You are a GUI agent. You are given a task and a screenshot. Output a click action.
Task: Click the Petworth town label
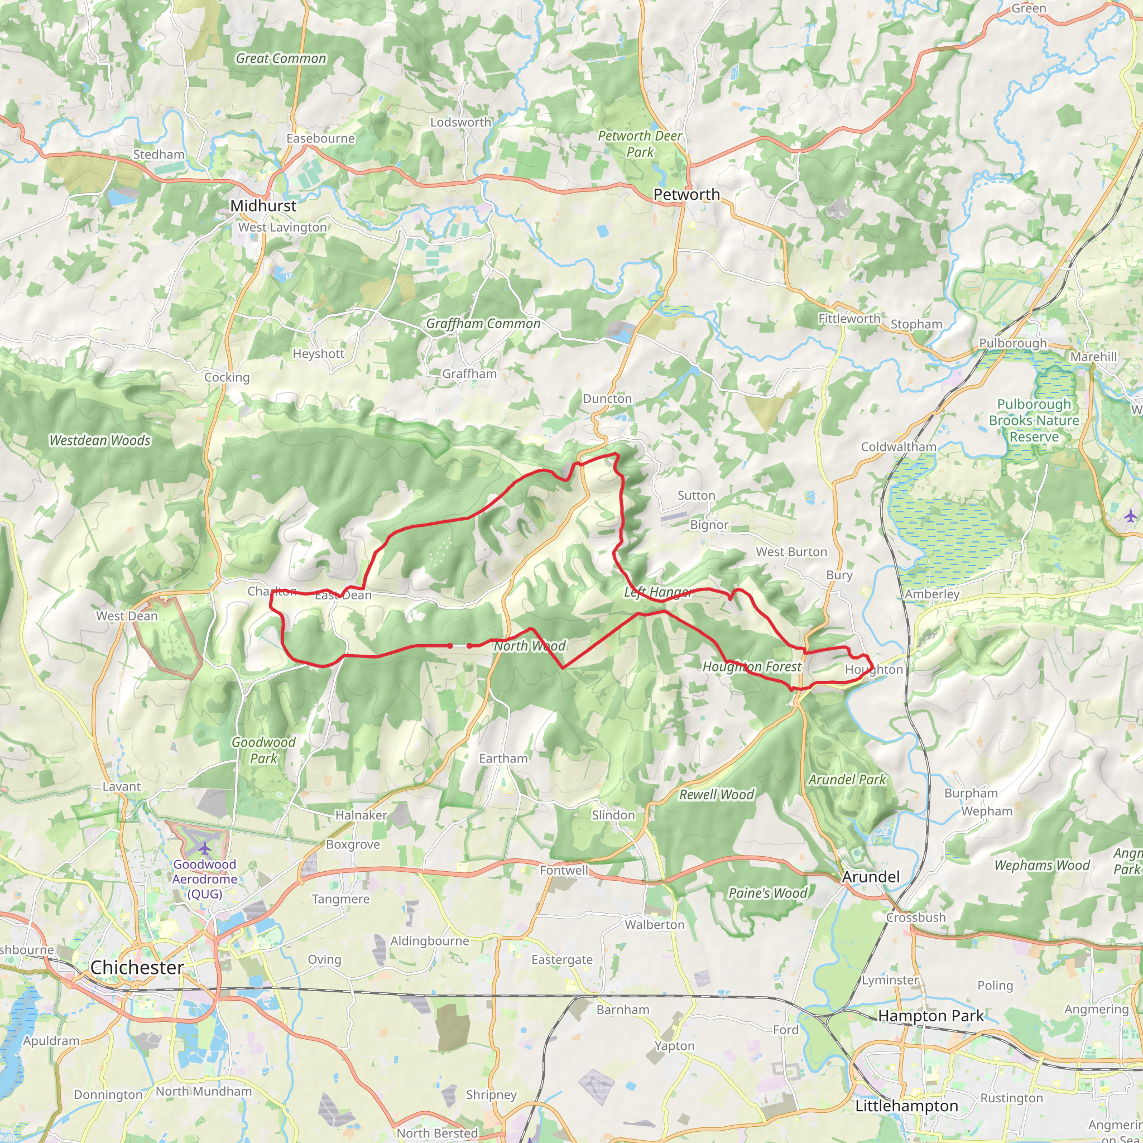[686, 195]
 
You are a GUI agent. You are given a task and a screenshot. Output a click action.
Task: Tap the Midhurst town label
[263, 206]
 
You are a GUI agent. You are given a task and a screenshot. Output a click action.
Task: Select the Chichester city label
[137, 967]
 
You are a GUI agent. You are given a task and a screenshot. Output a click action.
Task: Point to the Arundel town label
[870, 877]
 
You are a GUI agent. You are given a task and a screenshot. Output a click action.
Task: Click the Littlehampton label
[906, 1106]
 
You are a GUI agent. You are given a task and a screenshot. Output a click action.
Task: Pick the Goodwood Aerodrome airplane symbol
[205, 849]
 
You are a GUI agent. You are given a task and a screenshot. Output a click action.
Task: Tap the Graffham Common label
[483, 324]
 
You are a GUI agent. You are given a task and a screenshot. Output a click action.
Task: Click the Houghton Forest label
[751, 667]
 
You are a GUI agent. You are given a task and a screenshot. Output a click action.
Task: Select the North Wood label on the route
[530, 646]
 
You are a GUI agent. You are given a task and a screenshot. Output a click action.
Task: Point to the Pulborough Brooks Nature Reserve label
[1034, 421]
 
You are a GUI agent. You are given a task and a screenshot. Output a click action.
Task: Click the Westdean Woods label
[100, 440]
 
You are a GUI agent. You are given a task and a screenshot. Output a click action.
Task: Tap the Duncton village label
[607, 398]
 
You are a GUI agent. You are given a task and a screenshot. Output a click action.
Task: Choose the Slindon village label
[613, 815]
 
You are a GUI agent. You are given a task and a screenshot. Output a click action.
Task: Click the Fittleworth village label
[849, 319]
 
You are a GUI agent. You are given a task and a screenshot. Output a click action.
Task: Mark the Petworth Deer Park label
[640, 144]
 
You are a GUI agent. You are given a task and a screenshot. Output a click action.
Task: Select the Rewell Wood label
[717, 795]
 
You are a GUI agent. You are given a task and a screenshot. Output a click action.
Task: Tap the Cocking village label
[227, 377]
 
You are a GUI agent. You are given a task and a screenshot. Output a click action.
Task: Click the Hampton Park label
[930, 1016]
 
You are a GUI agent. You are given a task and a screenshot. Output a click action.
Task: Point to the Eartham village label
[503, 758]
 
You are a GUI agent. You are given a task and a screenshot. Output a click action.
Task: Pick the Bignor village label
[709, 525]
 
